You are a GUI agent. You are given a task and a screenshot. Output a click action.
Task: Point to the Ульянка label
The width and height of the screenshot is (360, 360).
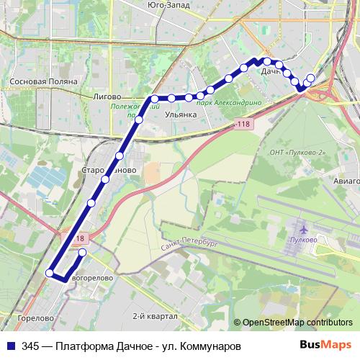pyautogui.click(x=180, y=114)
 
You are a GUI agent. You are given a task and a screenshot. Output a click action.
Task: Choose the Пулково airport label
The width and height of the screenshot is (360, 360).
pyautogui.click(x=302, y=239)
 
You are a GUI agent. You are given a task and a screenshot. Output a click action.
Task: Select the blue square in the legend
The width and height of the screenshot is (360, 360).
pyautogui.click(x=10, y=346)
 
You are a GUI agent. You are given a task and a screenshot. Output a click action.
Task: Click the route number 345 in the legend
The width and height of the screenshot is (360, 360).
pyautogui.click(x=30, y=346)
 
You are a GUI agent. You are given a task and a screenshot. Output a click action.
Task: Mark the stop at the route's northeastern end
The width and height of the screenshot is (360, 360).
pyautogui.click(x=311, y=78)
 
